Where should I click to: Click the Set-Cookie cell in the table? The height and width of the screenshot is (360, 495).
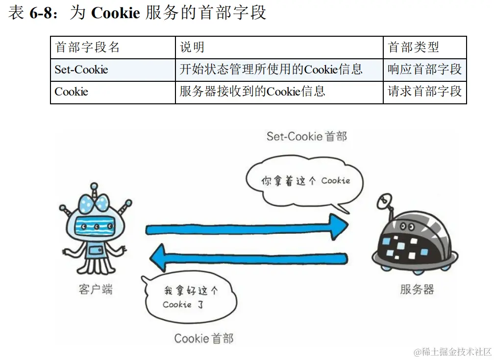81,70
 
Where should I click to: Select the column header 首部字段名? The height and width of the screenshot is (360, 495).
87,48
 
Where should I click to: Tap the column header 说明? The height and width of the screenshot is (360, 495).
192,48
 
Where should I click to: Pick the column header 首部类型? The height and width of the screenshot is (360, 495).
413,48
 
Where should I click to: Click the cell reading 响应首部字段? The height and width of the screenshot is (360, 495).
424,70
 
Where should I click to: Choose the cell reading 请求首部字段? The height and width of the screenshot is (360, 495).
424,92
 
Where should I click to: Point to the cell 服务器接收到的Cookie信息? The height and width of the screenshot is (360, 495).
252,92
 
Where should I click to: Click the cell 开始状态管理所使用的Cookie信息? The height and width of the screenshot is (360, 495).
271,70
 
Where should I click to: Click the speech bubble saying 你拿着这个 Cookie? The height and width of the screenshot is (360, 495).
304,182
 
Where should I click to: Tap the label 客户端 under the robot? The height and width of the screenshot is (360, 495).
96,289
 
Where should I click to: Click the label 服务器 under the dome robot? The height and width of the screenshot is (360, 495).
417,289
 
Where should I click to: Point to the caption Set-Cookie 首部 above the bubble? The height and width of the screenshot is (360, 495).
306,136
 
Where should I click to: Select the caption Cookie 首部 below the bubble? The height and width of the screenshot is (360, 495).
204,338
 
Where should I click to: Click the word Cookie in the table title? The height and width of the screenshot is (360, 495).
116,13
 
